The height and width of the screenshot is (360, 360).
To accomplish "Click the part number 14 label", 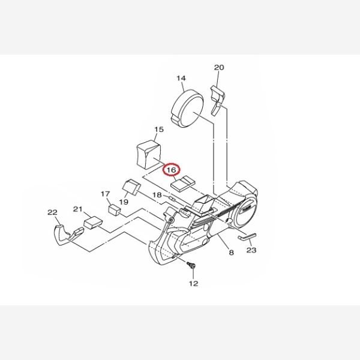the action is (x=181, y=78).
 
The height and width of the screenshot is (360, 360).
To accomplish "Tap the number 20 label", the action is (x=219, y=67).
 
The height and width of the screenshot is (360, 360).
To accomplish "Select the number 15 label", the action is (x=159, y=130).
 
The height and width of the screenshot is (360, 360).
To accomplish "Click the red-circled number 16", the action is (x=172, y=170).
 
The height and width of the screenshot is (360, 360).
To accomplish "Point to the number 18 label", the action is (x=157, y=195).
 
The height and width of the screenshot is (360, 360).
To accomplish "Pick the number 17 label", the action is (x=106, y=194).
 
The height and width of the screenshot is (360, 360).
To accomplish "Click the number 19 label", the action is (x=124, y=202).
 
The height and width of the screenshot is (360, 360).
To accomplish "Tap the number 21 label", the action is (x=78, y=209).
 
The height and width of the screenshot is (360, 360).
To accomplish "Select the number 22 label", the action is (x=52, y=212).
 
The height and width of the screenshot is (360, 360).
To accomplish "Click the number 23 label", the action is (x=251, y=250).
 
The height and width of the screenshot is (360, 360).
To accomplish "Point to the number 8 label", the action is (x=232, y=253).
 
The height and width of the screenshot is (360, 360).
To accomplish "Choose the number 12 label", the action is (x=194, y=284).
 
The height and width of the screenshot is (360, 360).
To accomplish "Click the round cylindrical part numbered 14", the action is (x=188, y=109).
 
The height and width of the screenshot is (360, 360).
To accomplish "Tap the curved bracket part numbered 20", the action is (x=218, y=100).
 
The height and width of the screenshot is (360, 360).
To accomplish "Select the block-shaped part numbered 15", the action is (x=149, y=154).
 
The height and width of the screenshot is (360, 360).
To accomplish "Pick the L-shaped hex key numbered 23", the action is (x=247, y=237).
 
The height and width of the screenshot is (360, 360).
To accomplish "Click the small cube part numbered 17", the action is (x=115, y=210).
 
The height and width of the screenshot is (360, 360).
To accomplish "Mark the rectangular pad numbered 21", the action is (x=93, y=223).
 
